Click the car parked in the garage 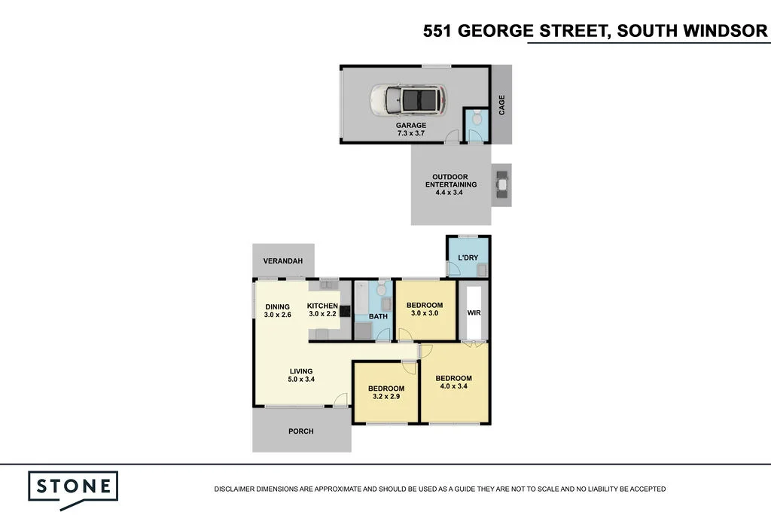pos(409,100)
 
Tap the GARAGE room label pos(411,126)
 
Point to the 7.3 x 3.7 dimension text pos(411,133)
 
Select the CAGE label pos(501,105)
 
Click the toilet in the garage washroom pos(477,118)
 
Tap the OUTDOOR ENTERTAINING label pos(451,181)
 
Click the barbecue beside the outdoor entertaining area pos(501,184)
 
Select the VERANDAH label pos(283,261)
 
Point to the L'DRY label pos(468,257)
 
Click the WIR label pos(474,312)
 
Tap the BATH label pos(378,316)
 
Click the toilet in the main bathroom pos(382,288)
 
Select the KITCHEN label pos(322,306)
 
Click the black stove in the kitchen pos(345,311)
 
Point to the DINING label pos(278,307)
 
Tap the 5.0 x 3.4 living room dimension pos(301,379)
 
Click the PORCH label pos(301,431)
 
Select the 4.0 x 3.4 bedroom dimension pos(454,386)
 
